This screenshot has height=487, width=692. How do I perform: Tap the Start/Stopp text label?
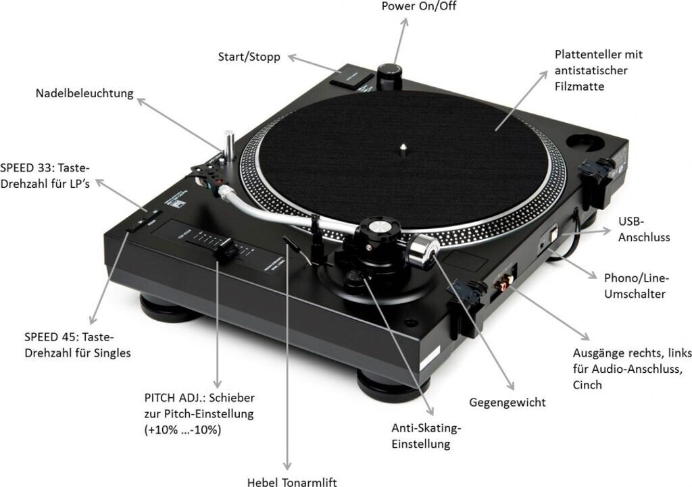(249, 57)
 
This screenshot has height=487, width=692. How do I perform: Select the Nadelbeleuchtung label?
(84, 94)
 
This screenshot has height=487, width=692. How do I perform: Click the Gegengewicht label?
(507, 403)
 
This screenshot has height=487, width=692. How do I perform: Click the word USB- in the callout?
(633, 222)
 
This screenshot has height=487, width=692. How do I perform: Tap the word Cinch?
(587, 385)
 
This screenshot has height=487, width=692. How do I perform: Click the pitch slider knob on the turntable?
(224, 252)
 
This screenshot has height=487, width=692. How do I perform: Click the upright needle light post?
(230, 145)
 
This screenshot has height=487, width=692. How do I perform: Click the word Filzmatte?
(579, 86)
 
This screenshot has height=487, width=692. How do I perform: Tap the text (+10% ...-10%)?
(182, 429)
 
